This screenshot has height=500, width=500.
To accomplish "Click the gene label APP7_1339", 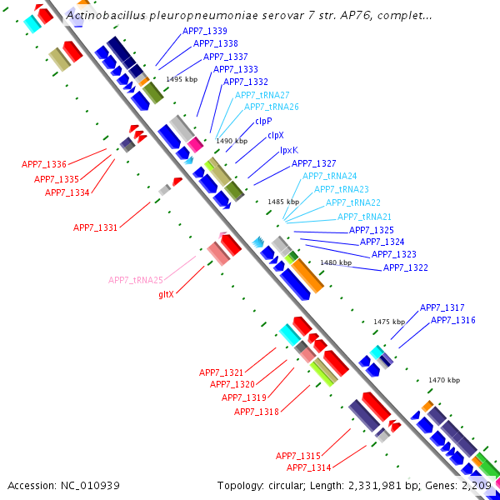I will pos(204,32).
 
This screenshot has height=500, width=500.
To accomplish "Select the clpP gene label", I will pos(263,121).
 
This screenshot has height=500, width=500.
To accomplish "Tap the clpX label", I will pos(275,135).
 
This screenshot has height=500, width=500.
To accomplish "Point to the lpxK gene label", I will pos(288,149).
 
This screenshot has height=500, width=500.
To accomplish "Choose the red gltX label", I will pos(166,294).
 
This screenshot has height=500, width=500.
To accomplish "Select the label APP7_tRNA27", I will pos(262,95).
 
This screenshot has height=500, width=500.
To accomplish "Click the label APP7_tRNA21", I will pos(364,217).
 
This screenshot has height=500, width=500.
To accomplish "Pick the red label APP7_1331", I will pos(95,227).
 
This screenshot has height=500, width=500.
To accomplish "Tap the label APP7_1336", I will pos(44,164).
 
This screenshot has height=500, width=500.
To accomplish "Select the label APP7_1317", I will pos(442,307).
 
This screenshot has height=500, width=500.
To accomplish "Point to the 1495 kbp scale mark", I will pos(182,79).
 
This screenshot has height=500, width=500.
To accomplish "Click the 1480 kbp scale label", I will pos(336,262).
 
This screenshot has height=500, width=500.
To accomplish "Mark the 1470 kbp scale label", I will pos(444,380).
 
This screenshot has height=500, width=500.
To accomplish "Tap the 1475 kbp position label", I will pos(388,322).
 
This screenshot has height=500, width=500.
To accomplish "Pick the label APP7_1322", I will pos(405,267).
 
